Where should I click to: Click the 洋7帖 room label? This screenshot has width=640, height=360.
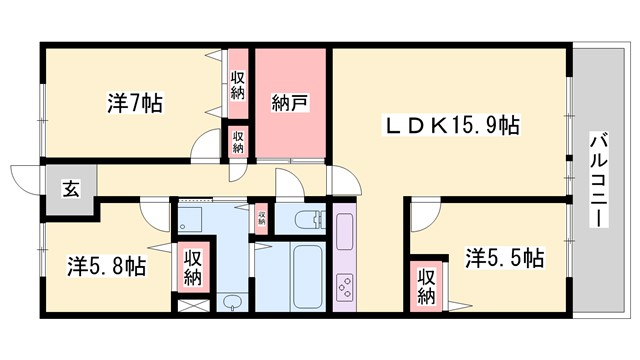pos(135,103)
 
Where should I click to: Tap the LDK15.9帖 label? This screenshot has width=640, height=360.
pos(453,127)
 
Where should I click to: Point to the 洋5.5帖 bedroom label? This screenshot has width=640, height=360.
pos(504,258)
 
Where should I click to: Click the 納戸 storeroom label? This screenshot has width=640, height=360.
pos(290,102)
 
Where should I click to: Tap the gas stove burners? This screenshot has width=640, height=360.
pos(343,288)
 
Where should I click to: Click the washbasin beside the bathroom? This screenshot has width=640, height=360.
pos(232,301)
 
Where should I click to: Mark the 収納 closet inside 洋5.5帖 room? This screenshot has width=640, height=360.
pos(426,285)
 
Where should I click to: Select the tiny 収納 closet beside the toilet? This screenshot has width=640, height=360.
pos(262,217)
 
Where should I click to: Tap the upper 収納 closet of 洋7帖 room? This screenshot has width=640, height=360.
pos(238,85)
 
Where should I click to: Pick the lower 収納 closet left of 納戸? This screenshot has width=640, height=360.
pos(238,140)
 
